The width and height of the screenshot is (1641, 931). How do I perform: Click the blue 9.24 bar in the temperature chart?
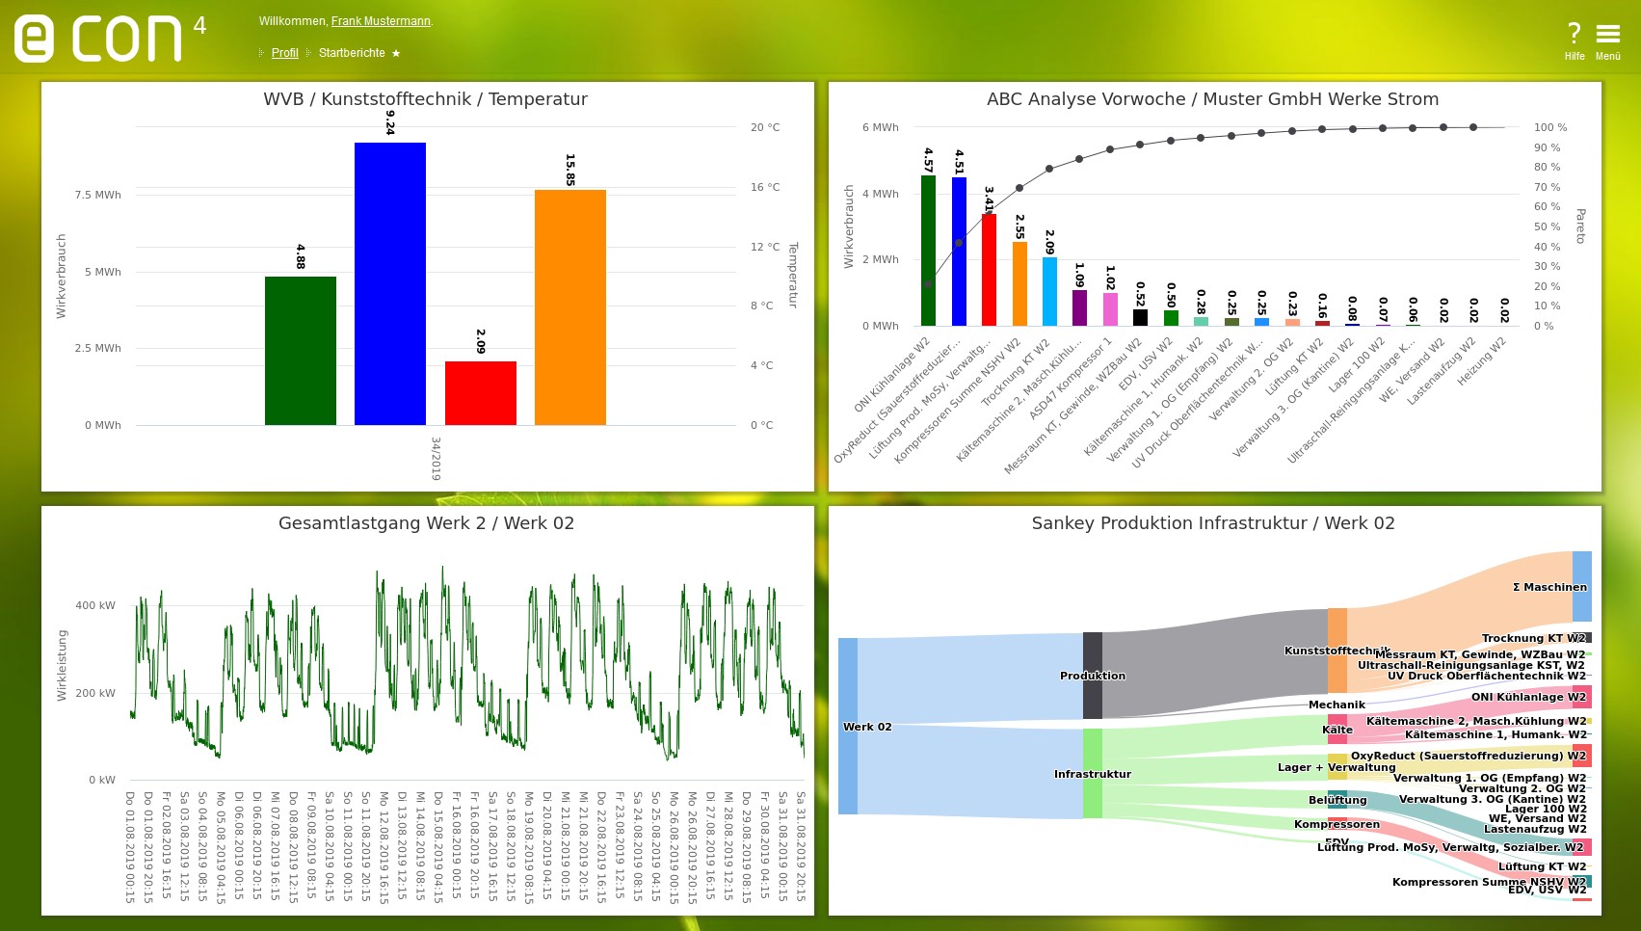[x=389, y=283]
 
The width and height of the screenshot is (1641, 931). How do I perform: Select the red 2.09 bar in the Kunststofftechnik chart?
[x=480, y=393]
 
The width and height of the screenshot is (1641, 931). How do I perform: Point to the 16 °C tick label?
[x=765, y=187]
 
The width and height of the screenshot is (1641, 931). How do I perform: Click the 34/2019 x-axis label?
[x=436, y=459]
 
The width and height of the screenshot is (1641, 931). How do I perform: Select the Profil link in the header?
[x=284, y=53]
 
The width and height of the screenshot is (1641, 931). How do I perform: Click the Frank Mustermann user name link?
[x=381, y=21]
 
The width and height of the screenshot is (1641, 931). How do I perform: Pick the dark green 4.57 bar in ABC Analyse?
[x=928, y=251]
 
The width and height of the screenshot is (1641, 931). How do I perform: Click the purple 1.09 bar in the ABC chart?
[x=1079, y=307]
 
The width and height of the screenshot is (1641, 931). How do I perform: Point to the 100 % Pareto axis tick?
[x=1550, y=127]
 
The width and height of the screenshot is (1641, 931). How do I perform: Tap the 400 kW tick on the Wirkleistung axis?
[x=94, y=605]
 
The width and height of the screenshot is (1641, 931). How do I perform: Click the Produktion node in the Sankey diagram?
[x=1092, y=676]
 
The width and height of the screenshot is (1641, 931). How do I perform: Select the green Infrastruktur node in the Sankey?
[x=1092, y=773]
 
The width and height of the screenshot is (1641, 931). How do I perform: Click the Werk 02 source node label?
[x=867, y=727]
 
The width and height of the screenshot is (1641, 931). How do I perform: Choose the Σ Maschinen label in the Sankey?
[x=1548, y=587]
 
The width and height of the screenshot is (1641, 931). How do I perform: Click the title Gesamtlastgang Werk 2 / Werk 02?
[x=426, y=523]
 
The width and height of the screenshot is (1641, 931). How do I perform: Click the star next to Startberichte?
[x=396, y=53]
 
